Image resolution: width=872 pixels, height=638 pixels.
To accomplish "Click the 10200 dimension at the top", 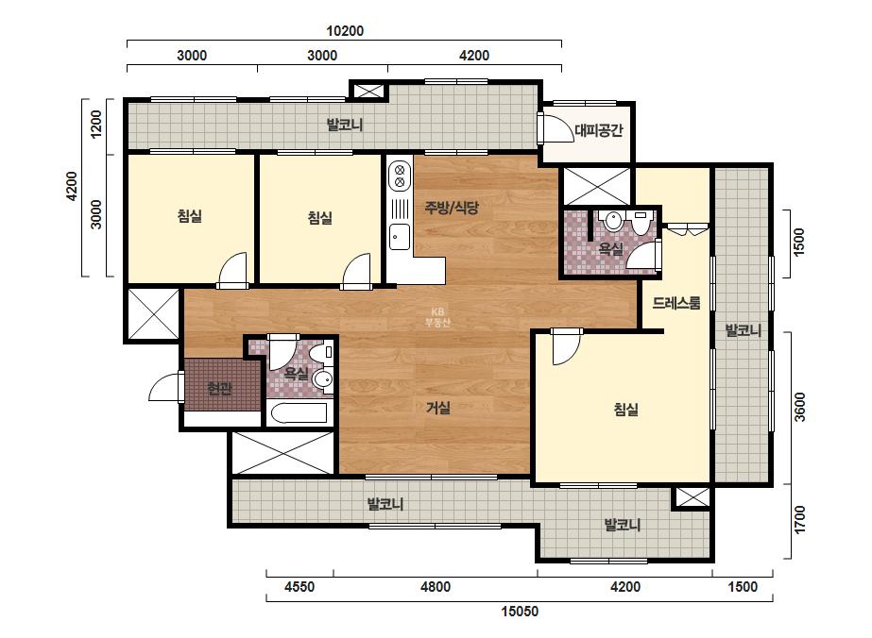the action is click(345, 31).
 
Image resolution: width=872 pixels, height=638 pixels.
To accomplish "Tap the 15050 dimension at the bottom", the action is click(520, 612).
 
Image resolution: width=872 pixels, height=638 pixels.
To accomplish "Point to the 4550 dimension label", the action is click(299, 587).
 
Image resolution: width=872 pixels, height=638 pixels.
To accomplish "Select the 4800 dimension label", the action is click(436, 587).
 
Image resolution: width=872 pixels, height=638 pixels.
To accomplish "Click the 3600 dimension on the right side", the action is click(799, 408).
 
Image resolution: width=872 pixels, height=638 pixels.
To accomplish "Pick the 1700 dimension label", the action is click(799, 520).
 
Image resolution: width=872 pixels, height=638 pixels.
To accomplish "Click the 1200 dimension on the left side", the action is click(96, 125).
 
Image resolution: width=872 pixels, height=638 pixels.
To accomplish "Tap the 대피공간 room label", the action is click(598, 130).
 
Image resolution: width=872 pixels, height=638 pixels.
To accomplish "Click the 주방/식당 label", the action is click(452, 208).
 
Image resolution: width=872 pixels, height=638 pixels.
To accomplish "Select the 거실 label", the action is click(437, 408).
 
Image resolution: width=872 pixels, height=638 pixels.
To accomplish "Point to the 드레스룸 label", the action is click(676, 303).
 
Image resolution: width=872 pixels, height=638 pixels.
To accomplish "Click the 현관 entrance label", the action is click(219, 388).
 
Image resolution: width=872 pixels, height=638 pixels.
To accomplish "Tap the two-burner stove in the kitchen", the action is click(400, 175).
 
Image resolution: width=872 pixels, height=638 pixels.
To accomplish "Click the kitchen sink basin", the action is click(400, 237).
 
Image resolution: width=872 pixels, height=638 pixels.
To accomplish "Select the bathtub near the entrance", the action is click(299, 413).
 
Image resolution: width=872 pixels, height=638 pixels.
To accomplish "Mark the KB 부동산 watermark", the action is click(437, 317).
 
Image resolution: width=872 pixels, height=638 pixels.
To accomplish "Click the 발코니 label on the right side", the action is click(743, 331).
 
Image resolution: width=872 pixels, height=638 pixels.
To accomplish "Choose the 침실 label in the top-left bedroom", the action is click(190, 216).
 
